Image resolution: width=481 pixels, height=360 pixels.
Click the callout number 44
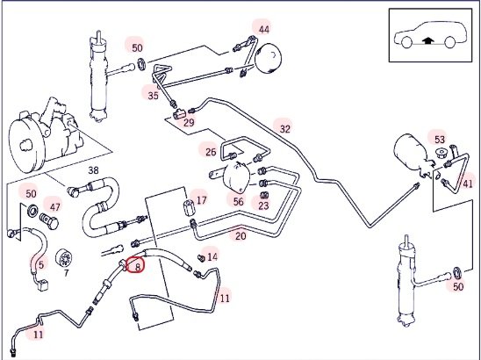(264, 30)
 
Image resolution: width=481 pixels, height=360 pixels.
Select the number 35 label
(153, 96)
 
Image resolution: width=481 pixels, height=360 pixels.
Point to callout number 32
(285, 129)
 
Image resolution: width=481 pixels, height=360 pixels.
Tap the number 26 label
(211, 152)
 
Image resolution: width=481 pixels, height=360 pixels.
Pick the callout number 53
(439, 140)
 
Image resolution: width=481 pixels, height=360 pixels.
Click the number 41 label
(468, 184)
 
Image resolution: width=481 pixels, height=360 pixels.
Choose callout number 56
(239, 202)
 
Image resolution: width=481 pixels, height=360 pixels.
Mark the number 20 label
(240, 236)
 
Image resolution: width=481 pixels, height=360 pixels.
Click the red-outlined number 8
(138, 266)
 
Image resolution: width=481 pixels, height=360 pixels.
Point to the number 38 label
(94, 170)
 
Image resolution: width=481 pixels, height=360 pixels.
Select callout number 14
(212, 257)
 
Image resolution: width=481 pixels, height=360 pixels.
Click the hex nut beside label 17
(188, 207)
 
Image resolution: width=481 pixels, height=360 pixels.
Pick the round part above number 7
(64, 258)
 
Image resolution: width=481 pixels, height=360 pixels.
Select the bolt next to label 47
(49, 221)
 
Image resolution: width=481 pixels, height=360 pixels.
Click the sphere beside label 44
(268, 58)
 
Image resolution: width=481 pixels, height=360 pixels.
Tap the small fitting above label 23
(263, 195)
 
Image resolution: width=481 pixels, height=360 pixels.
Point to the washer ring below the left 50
(32, 211)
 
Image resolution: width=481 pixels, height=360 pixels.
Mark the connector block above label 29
(179, 115)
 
